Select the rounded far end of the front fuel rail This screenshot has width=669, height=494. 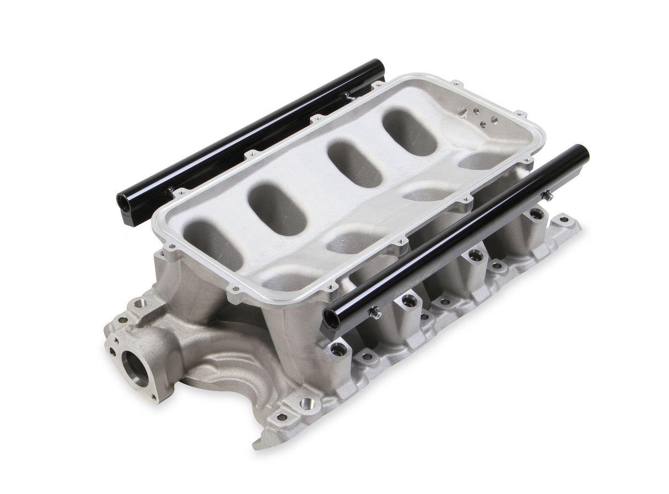click(581, 152)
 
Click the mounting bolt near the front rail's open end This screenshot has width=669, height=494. click(374, 313)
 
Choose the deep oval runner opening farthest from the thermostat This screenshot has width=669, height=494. click(409, 133)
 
